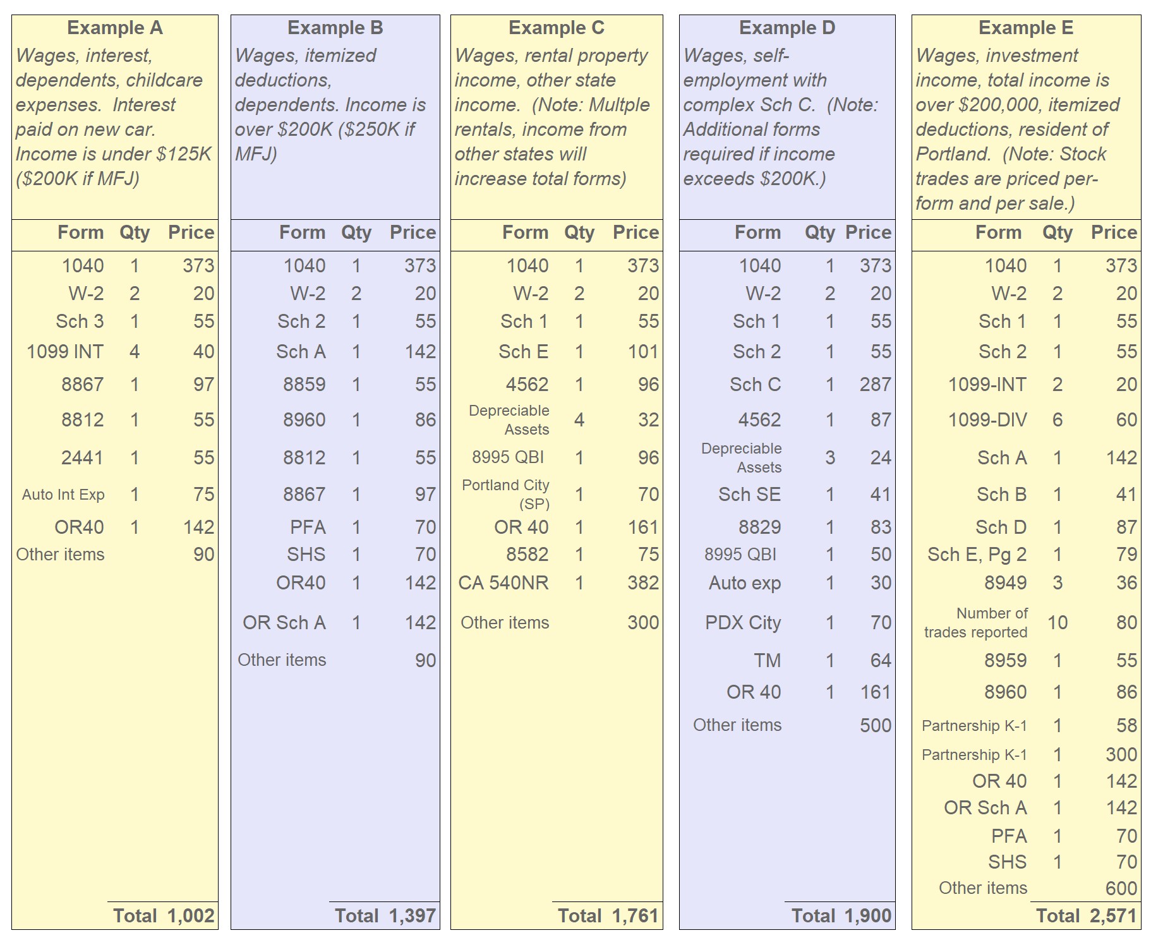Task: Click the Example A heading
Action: point(114,28)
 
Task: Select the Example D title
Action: point(786,28)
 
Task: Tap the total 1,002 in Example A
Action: point(191,915)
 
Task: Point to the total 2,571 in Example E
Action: point(1113,915)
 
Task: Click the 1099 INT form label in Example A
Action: point(65,351)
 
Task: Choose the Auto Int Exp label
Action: point(63,495)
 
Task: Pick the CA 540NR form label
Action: point(503,582)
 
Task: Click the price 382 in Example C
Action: point(643,582)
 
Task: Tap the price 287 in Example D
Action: point(875,384)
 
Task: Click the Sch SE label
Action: point(749,494)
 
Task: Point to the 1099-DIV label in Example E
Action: point(987,419)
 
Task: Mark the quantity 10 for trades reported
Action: point(1057,622)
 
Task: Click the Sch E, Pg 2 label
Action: point(977,554)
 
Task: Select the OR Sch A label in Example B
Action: point(284,622)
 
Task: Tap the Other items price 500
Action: point(875,725)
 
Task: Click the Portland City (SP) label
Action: point(506,494)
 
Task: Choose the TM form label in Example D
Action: point(767,660)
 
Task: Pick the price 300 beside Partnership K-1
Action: point(1121,754)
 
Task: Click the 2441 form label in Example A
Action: point(82,457)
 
